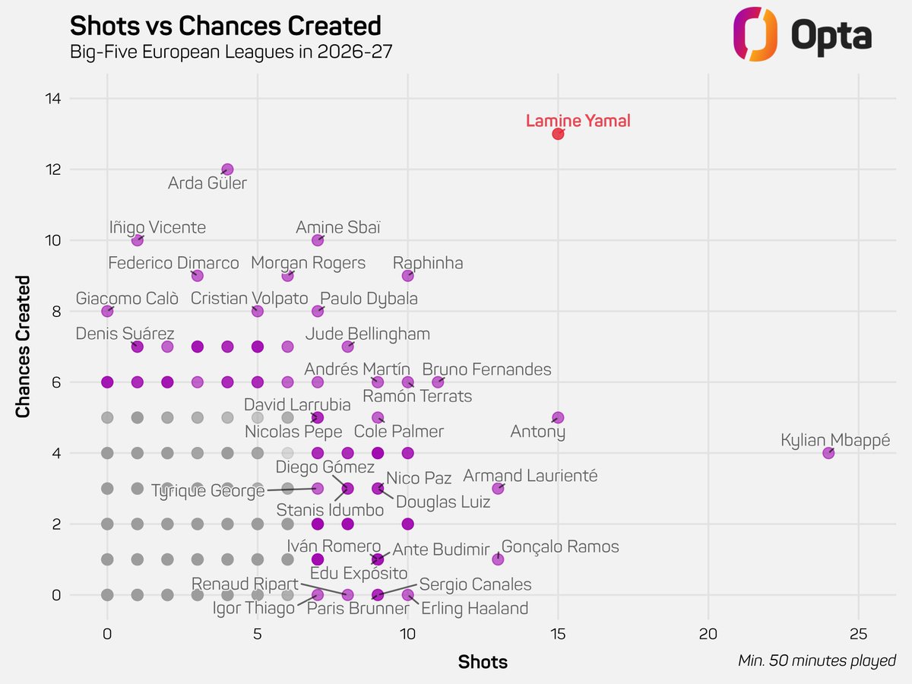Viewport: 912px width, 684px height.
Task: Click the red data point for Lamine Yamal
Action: pyautogui.click(x=558, y=134)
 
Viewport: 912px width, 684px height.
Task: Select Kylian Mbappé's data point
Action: pyautogui.click(x=828, y=453)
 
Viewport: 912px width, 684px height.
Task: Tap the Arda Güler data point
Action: pyautogui.click(x=227, y=169)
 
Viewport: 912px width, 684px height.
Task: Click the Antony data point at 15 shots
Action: pyautogui.click(x=558, y=417)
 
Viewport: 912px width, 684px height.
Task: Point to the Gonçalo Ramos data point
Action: pyautogui.click(x=498, y=559)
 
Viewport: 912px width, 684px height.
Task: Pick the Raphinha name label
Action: pyautogui.click(x=428, y=263)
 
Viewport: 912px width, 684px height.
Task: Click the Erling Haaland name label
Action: pyautogui.click(x=474, y=609)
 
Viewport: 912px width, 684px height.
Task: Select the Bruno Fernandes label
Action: pyautogui.click(x=486, y=369)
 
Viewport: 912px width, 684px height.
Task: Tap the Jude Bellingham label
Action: pyautogui.click(x=368, y=334)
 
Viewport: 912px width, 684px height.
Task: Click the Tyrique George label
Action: pyautogui.click(x=207, y=491)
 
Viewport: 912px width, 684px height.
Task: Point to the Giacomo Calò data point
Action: pyautogui.click(x=107, y=311)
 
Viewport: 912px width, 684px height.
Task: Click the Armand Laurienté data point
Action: pyautogui.click(x=498, y=489)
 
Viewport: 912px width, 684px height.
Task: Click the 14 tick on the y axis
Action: pyautogui.click(x=53, y=99)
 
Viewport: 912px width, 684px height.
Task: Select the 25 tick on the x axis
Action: pyautogui.click(x=858, y=634)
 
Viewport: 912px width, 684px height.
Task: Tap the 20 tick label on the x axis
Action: pyautogui.click(x=708, y=634)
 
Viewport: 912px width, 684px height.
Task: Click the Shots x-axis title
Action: pyautogui.click(x=483, y=662)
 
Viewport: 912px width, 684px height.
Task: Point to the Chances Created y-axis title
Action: pyautogui.click(x=23, y=347)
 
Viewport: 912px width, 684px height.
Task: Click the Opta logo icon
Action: pyautogui.click(x=755, y=34)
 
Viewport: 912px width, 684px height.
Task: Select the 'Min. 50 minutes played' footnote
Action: pyautogui.click(x=817, y=660)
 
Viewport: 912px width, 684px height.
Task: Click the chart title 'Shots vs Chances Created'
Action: pyautogui.click(x=226, y=26)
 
